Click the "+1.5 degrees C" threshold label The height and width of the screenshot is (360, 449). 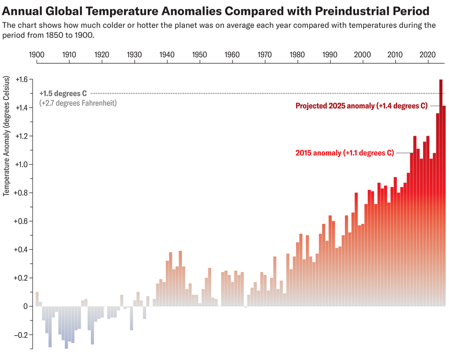(x=63, y=93)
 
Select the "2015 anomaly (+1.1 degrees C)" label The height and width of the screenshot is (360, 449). (x=344, y=153)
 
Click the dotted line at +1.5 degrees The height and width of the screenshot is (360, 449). (x=249, y=93)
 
